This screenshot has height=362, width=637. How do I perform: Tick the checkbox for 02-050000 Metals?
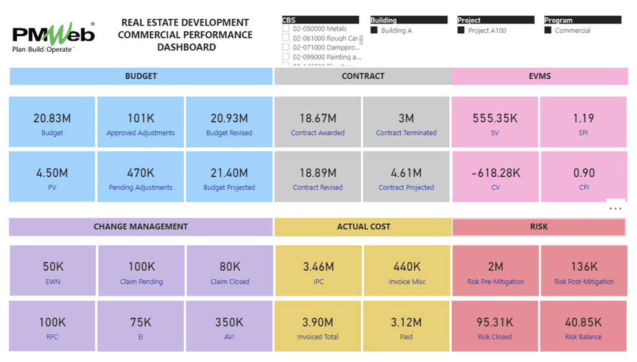(286, 28)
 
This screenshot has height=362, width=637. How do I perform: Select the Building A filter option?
(374, 30)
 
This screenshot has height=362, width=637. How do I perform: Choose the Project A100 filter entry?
(462, 30)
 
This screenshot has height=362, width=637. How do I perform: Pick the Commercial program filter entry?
(548, 30)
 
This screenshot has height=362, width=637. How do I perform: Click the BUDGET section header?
(141, 76)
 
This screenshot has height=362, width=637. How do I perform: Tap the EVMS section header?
(539, 76)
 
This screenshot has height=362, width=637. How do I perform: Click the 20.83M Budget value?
(52, 118)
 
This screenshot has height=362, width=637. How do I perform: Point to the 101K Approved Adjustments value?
(140, 118)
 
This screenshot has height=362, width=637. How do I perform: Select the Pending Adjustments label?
(140, 187)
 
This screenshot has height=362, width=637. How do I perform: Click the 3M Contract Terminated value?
(406, 118)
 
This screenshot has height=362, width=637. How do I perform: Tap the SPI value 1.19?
(583, 118)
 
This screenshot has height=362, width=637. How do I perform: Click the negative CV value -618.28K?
(495, 173)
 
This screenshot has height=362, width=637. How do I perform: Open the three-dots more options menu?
(615, 208)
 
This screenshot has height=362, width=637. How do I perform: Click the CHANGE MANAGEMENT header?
(140, 227)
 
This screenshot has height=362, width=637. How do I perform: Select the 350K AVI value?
(229, 322)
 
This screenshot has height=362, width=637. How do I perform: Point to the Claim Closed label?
(230, 282)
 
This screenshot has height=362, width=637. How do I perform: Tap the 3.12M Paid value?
(407, 322)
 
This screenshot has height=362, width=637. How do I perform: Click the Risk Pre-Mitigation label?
(495, 282)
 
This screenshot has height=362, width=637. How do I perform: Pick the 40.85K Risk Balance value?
(583, 322)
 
